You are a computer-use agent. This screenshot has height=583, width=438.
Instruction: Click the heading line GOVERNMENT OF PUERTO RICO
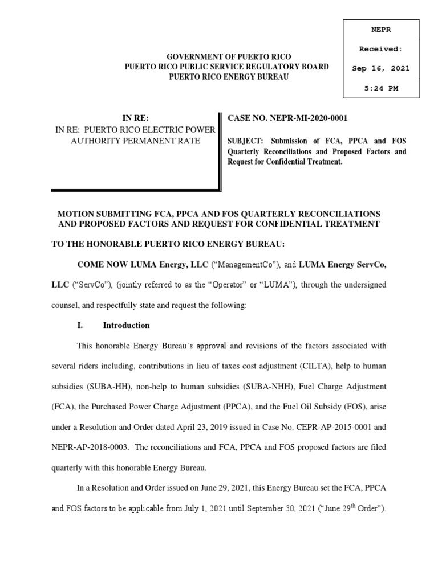[228, 57]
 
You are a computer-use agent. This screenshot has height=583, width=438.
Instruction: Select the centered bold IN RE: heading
[135, 118]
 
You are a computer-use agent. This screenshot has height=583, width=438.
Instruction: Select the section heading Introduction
[126, 326]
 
